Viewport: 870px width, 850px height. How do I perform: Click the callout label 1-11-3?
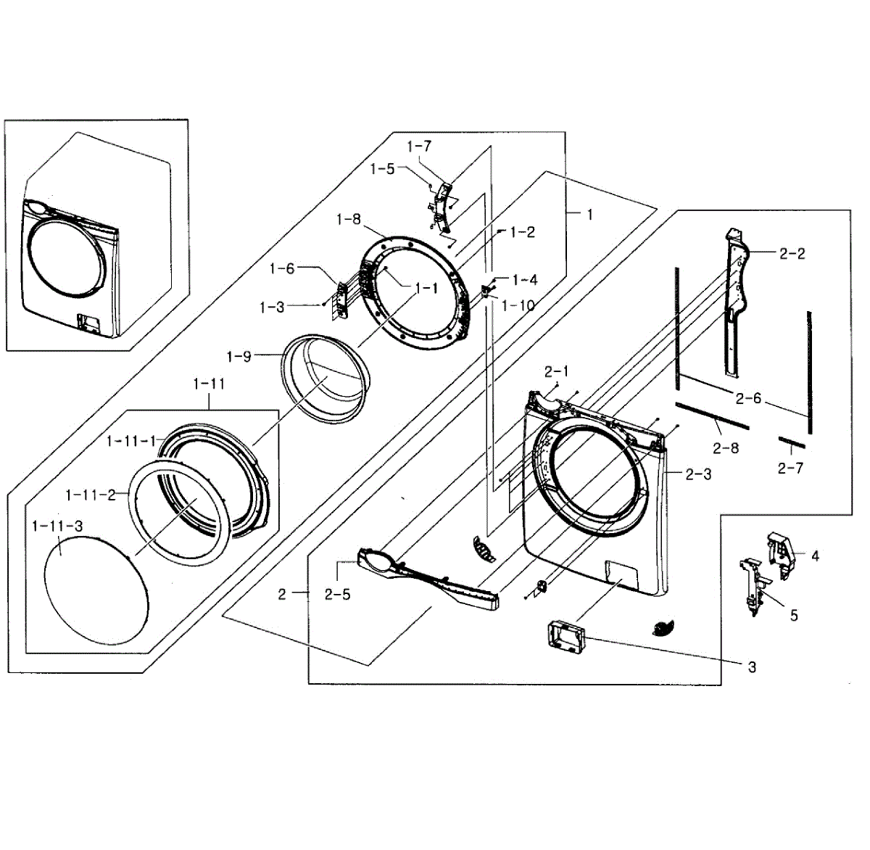(x=57, y=525)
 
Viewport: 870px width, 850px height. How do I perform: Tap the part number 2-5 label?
(x=338, y=595)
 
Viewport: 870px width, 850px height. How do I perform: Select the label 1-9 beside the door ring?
(x=239, y=357)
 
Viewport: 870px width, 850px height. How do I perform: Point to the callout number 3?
(x=752, y=667)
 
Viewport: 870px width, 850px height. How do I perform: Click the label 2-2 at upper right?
(x=792, y=254)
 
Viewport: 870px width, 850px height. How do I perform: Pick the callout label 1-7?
(x=419, y=147)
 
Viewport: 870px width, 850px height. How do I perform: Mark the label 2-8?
(x=725, y=448)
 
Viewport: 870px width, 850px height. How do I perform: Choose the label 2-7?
(x=790, y=469)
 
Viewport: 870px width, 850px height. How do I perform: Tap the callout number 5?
(x=794, y=616)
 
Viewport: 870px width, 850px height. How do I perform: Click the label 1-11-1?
(x=131, y=441)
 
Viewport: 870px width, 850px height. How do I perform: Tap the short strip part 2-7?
(x=792, y=442)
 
